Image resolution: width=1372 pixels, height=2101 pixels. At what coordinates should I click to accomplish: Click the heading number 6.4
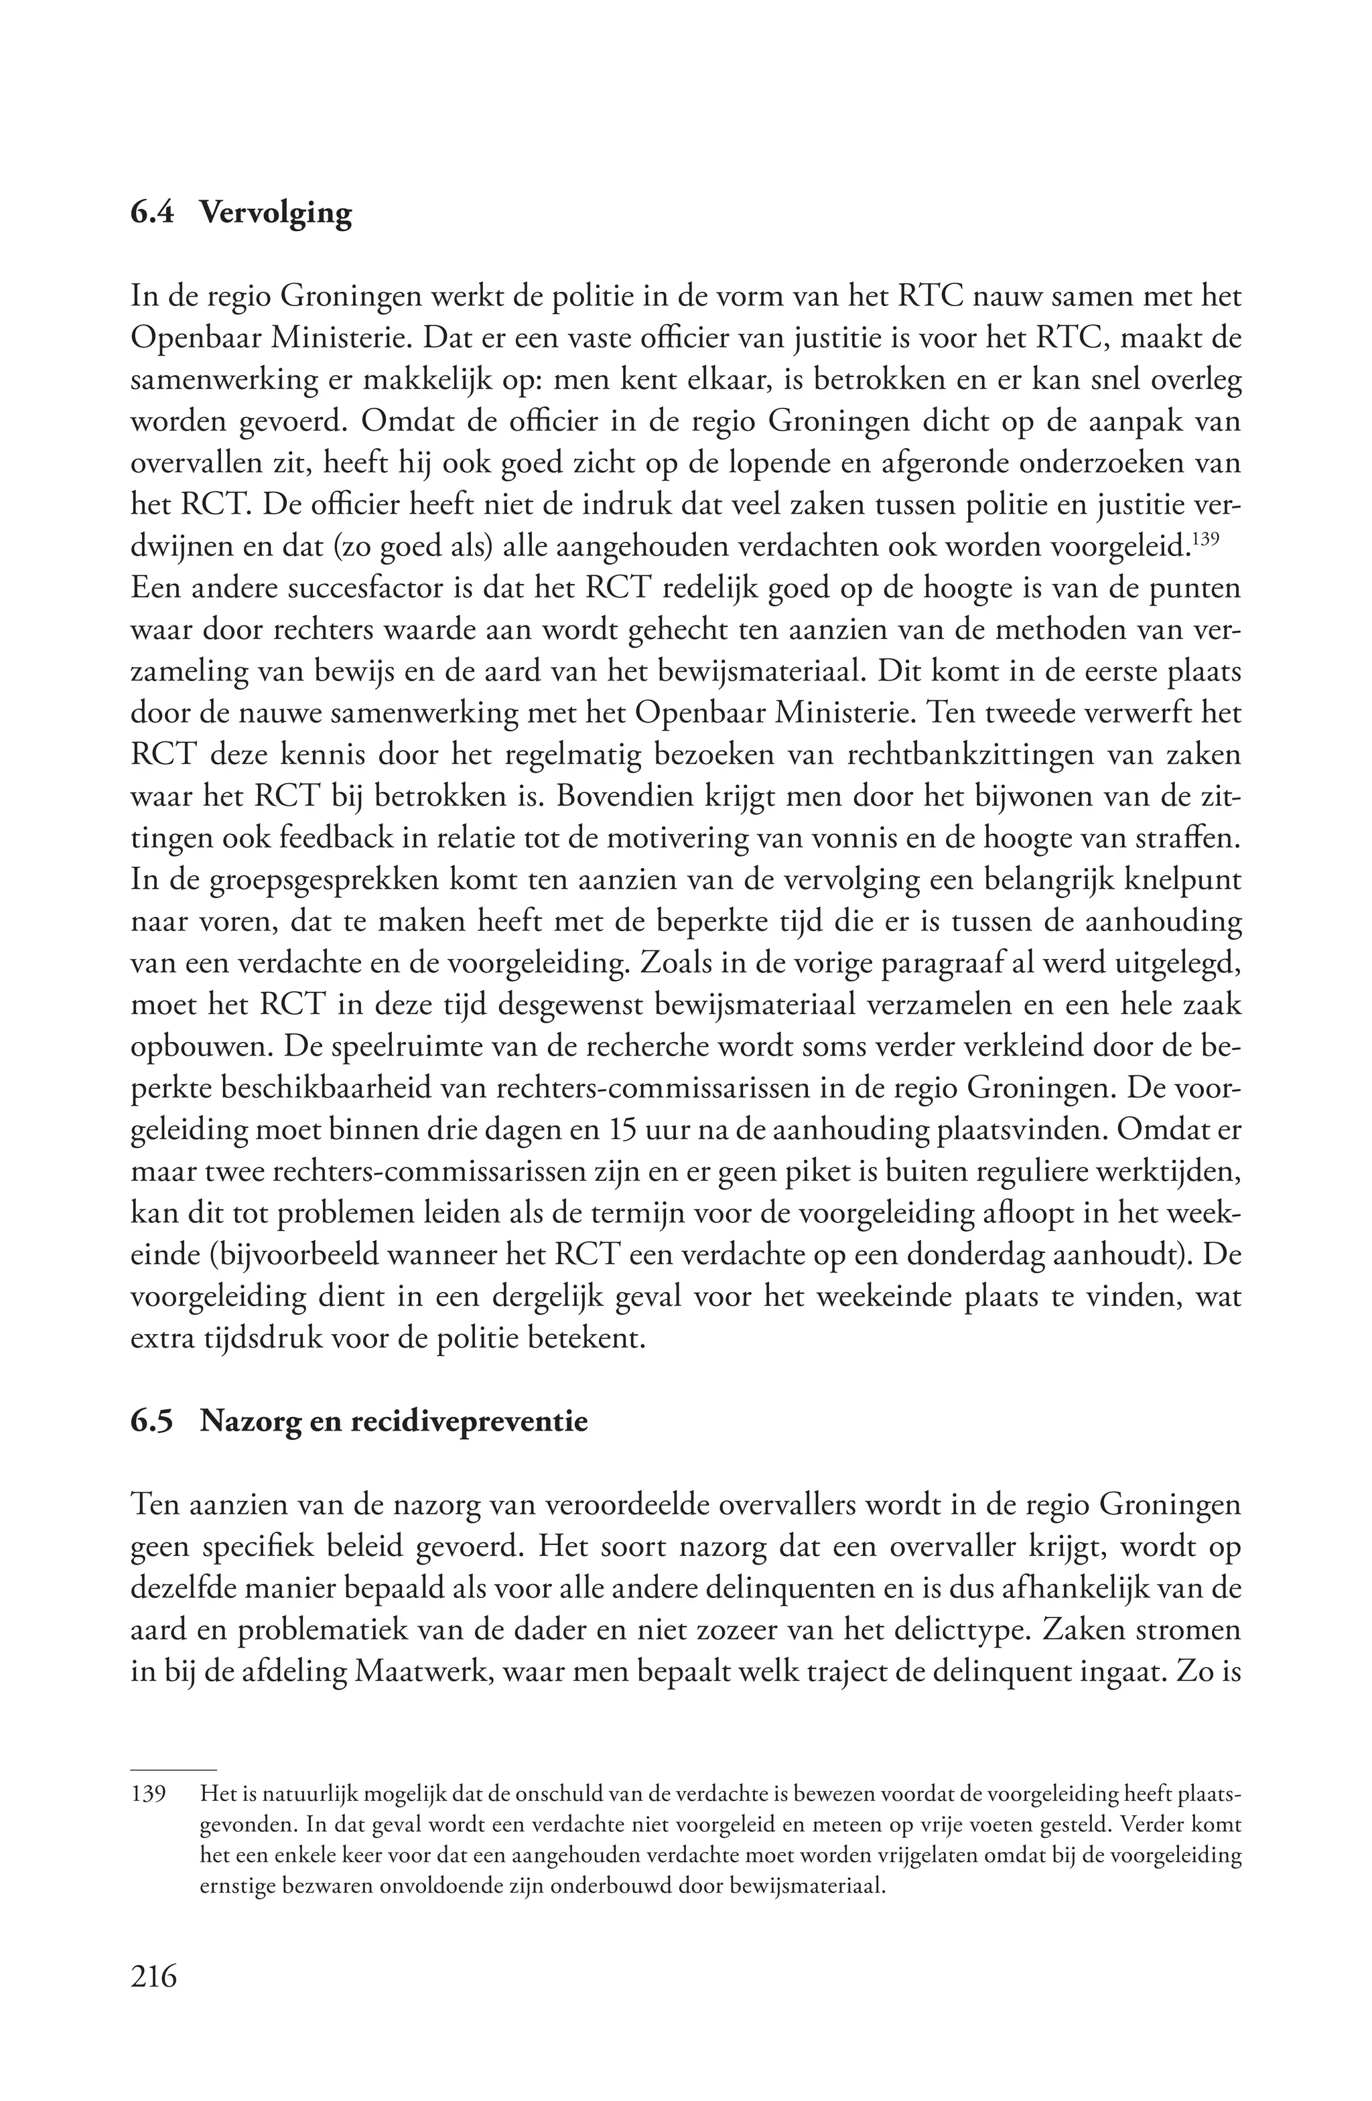(153, 213)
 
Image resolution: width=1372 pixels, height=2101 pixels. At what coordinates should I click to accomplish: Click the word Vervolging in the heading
(275, 214)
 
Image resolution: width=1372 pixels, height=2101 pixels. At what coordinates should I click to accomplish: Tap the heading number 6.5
(153, 1422)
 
